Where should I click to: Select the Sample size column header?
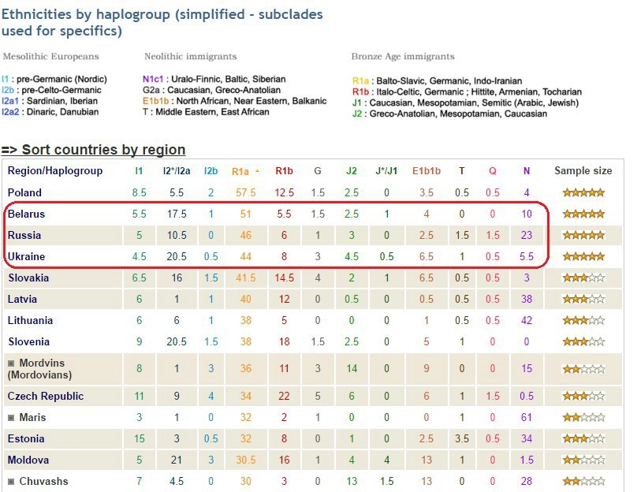(583, 171)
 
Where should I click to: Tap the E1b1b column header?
(426, 171)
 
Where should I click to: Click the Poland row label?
(24, 192)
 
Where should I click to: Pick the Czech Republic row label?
(46, 396)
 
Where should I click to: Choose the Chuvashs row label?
(43, 481)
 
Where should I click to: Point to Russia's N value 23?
(527, 235)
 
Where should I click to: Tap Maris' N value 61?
(527, 417)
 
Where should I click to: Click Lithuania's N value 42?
(527, 320)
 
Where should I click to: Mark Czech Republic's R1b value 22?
(284, 396)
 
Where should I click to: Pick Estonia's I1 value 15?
(139, 438)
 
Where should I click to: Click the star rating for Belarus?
(583, 214)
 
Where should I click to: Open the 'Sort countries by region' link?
(103, 150)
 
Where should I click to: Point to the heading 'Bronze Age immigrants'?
(402, 57)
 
